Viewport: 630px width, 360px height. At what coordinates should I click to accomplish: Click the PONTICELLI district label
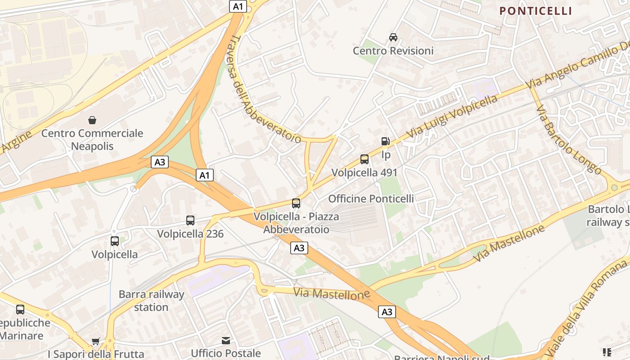click(x=535, y=11)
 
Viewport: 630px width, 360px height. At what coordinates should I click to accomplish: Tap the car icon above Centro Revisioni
click(x=393, y=37)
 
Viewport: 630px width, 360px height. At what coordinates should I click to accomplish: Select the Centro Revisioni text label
click(x=393, y=51)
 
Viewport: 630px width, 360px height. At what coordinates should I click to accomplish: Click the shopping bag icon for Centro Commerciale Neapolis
click(x=92, y=120)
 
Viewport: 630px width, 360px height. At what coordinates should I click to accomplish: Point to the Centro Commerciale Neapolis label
click(x=92, y=139)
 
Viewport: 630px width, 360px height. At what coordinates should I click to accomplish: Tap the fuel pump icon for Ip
click(x=385, y=141)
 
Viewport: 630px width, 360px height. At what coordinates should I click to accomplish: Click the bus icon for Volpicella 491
click(x=364, y=159)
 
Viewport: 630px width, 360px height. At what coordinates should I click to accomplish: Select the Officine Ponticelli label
click(x=371, y=198)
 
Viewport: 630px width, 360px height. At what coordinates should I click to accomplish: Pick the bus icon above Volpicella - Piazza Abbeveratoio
click(x=296, y=203)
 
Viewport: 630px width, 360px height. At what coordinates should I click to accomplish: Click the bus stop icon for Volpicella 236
click(x=190, y=220)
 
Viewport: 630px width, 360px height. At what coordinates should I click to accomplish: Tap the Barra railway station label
click(x=151, y=301)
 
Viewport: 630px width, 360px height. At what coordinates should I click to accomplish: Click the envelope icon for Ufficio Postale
click(x=226, y=341)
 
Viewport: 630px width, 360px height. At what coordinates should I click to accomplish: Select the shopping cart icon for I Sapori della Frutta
click(x=95, y=342)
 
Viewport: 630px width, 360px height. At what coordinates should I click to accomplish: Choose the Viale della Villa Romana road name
click(x=585, y=310)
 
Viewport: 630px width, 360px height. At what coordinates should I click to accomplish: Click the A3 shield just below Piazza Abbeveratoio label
click(x=299, y=247)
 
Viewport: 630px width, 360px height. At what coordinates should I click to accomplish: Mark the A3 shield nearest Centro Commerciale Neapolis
click(x=160, y=162)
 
